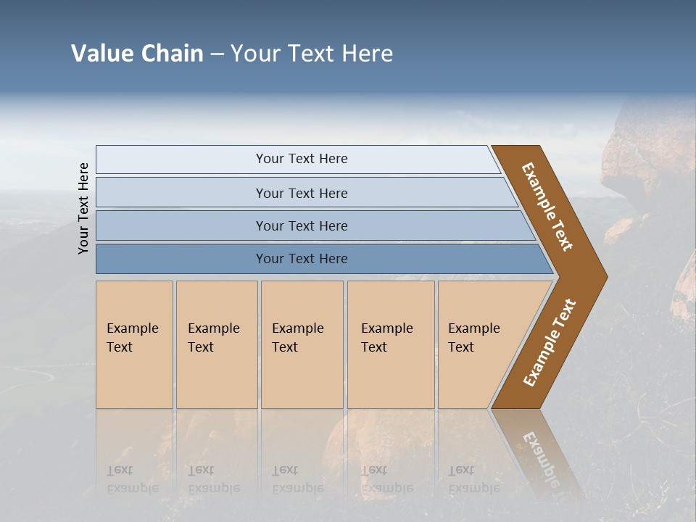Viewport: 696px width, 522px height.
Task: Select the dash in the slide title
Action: tap(217, 54)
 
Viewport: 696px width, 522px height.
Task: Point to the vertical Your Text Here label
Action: tap(83, 208)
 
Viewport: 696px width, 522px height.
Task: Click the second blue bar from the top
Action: tap(302, 193)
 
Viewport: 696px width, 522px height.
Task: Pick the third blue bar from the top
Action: tap(302, 225)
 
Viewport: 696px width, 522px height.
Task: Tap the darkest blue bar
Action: tap(302, 259)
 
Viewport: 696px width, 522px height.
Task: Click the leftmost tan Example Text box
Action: tap(134, 344)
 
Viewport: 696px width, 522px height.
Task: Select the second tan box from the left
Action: tap(217, 344)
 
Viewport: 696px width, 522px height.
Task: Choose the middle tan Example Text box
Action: tap(302, 344)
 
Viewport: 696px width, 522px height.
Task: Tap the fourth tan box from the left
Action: tap(391, 344)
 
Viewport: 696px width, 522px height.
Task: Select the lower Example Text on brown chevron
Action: tap(549, 343)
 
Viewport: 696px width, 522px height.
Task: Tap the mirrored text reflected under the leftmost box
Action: tap(132, 479)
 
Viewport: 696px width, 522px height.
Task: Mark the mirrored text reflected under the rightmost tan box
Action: tap(473, 479)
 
